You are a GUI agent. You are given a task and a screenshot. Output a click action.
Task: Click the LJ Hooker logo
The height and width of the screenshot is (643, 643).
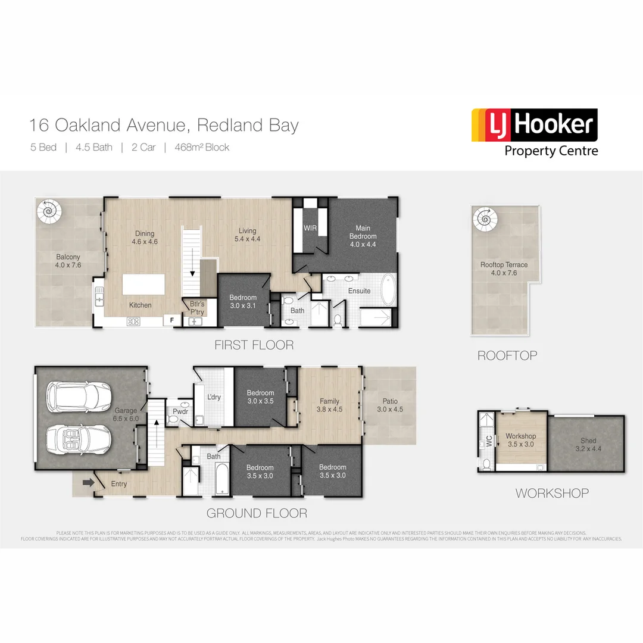point(534,132)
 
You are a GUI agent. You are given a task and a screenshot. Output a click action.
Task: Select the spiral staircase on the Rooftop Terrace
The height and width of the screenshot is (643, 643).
point(484,219)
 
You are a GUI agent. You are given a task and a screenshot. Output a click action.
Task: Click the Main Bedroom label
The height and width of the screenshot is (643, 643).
point(363,232)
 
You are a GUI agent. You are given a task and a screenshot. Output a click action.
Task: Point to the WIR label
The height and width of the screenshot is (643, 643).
point(310,227)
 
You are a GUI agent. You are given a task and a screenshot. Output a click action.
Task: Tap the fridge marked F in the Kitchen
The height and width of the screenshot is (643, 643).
point(172,320)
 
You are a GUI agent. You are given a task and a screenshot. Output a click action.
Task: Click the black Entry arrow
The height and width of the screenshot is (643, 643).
point(88,482)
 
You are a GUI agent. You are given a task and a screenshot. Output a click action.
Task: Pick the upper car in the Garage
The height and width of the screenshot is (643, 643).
point(80,395)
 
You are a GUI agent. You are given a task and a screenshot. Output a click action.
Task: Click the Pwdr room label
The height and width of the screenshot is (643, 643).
point(180,411)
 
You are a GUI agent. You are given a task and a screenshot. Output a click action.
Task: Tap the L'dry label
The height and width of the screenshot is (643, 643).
point(214,397)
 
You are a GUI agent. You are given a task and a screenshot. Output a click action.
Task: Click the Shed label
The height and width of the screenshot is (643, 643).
point(588,441)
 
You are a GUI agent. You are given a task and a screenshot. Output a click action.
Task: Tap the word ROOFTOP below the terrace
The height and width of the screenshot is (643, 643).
point(507,355)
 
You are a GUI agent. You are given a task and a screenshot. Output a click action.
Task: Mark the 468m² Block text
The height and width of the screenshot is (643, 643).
point(202,147)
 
